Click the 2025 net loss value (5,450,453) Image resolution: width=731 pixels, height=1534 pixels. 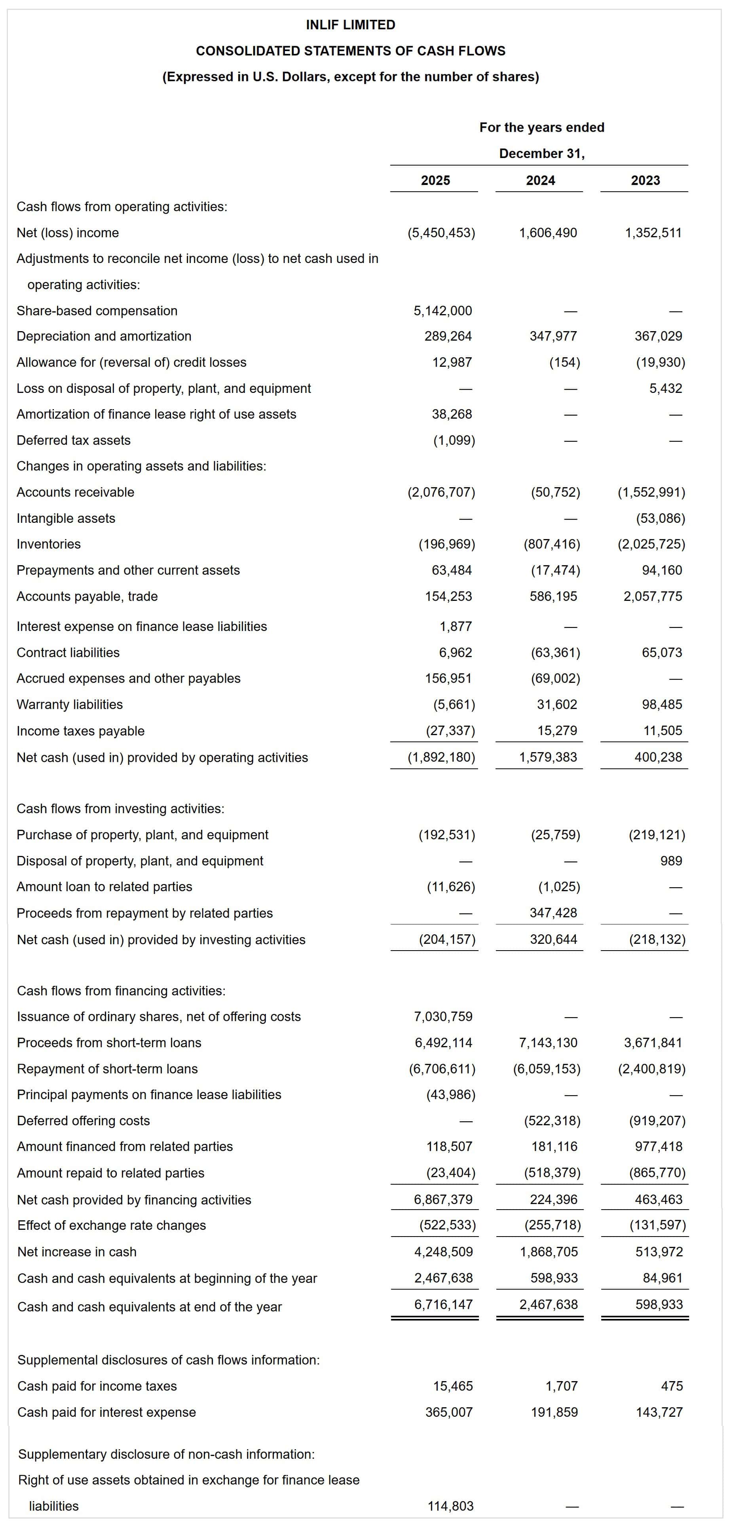click(x=441, y=233)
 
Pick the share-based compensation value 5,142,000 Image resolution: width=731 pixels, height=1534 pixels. click(x=442, y=311)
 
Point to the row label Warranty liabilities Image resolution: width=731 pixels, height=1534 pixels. click(x=70, y=705)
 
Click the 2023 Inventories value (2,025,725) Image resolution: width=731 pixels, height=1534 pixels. click(x=651, y=544)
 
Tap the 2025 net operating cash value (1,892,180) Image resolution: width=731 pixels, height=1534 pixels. click(x=441, y=757)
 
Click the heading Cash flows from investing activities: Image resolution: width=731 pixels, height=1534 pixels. click(x=120, y=809)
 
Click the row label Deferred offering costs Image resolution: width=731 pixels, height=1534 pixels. click(x=84, y=1121)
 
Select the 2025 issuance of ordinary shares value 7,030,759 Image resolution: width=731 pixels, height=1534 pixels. click(x=443, y=1016)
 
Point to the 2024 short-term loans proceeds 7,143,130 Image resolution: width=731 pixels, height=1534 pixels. click(x=548, y=1043)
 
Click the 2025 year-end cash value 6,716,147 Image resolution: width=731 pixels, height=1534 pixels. click(x=443, y=1305)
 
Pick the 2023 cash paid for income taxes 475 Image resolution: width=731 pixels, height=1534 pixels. click(x=672, y=1386)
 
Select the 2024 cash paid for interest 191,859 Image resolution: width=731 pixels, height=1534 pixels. click(x=554, y=1412)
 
